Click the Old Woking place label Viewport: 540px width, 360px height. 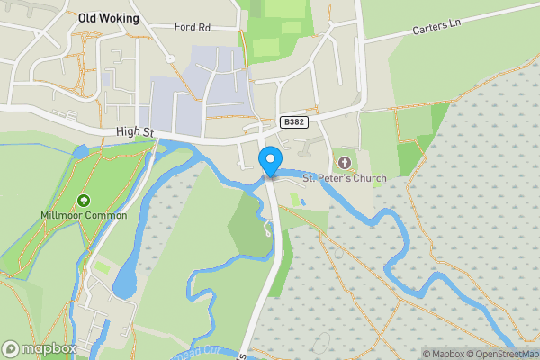point(109,17)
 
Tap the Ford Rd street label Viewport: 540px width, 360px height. point(193,27)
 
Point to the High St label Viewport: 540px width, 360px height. point(136,132)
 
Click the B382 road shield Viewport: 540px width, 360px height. point(291,121)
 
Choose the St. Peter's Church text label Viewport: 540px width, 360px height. point(344,178)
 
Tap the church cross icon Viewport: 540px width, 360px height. point(344,163)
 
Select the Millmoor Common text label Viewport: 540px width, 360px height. point(84,216)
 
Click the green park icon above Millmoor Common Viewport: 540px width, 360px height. point(84,201)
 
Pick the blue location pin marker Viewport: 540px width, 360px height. point(269,163)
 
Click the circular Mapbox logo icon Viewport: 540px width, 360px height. point(11,348)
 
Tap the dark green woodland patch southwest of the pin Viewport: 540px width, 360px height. point(247,225)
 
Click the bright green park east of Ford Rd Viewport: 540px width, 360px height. point(274,36)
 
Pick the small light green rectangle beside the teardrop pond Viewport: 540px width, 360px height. point(103,268)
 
